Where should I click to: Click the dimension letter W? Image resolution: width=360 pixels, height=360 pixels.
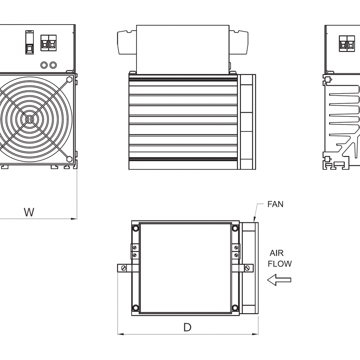click(x=29, y=212)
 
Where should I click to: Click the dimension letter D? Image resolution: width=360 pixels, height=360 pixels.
click(x=187, y=327)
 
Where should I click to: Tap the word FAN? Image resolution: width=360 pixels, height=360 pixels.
click(x=275, y=204)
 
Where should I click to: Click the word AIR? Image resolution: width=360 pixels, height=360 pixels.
click(x=276, y=253)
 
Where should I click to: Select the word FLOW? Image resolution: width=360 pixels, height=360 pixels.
click(x=280, y=264)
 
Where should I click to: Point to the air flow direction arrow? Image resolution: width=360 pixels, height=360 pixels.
click(x=279, y=280)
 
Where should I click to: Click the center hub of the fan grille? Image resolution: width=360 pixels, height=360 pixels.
click(x=29, y=119)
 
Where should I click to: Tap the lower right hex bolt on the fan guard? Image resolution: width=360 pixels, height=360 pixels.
click(x=69, y=159)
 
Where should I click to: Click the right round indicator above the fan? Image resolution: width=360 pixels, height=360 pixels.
click(x=53, y=64)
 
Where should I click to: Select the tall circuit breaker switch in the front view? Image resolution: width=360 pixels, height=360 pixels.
click(x=29, y=43)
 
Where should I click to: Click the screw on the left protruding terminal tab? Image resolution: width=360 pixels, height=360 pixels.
click(x=123, y=268)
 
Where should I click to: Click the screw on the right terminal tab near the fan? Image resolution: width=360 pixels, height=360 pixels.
click(x=247, y=268)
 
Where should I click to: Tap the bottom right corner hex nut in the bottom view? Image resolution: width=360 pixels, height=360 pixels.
click(x=235, y=307)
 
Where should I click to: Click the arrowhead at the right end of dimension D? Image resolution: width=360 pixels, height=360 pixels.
click(x=256, y=334)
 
